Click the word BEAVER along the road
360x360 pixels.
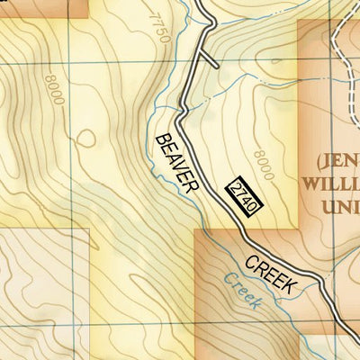click(176, 162)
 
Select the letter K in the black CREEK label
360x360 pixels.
click(288, 285)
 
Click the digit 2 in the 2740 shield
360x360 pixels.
click(237, 186)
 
